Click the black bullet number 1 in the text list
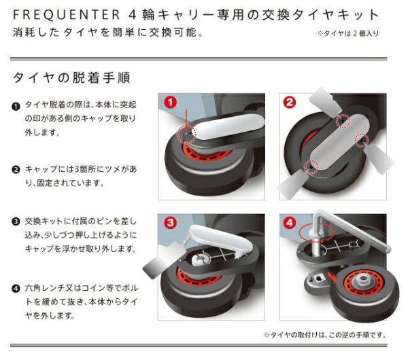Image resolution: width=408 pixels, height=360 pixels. pos(16,107)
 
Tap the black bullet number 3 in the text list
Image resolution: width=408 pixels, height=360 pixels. pos(16,222)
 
